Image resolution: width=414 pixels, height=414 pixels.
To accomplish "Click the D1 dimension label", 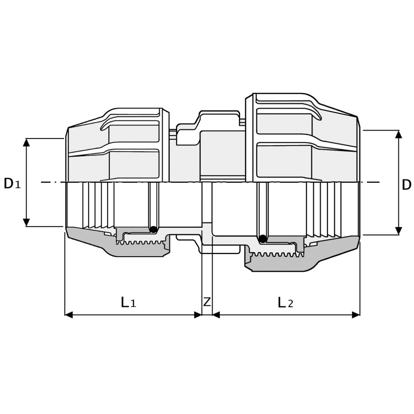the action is click(12, 184).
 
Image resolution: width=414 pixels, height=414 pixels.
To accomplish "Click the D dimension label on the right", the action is click(406, 185).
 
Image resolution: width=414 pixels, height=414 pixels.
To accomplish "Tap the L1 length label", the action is click(128, 302).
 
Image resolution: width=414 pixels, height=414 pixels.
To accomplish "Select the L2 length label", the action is click(285, 302).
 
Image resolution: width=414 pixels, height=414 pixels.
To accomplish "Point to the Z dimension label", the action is click(207, 302).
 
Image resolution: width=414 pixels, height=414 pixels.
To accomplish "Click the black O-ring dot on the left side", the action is click(153, 229).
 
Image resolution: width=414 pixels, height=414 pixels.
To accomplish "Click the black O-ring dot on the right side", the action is click(262, 239).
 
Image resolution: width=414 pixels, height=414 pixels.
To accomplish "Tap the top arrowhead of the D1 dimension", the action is click(26, 142).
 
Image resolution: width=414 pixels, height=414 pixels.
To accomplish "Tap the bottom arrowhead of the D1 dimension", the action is click(26, 223).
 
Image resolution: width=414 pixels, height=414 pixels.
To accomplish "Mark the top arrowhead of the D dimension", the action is click(399, 134).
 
